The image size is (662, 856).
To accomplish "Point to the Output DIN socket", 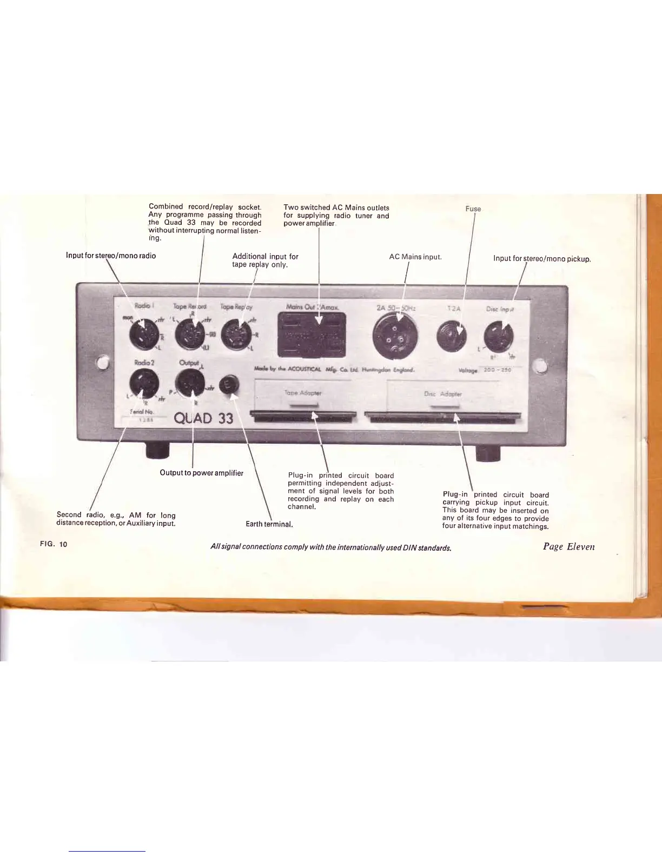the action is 190,383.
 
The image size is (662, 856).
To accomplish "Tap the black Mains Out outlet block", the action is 312,335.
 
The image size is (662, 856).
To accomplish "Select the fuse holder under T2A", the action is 452,336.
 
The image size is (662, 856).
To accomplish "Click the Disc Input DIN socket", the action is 499,336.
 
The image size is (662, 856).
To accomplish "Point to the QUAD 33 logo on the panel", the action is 203,418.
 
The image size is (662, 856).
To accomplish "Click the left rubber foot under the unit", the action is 157,450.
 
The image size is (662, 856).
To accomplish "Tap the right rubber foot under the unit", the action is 488,453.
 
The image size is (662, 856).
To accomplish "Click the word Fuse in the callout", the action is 473,209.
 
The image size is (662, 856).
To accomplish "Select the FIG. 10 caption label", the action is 53,544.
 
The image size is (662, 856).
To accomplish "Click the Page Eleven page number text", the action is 568,546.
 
